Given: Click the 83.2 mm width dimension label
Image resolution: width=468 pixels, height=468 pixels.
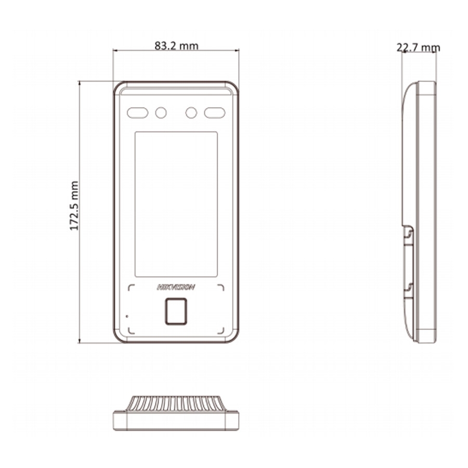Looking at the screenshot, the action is [x=176, y=46].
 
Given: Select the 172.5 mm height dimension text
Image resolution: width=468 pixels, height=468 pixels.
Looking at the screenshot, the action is [x=74, y=205].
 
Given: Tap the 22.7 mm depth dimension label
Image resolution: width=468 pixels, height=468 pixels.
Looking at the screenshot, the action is [x=418, y=47].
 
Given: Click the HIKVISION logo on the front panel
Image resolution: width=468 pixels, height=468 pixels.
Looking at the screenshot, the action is [x=176, y=287].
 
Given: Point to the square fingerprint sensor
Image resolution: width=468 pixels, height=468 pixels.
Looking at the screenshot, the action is [x=176, y=311].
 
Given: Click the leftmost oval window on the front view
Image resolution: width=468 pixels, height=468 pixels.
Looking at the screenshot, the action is [x=138, y=113].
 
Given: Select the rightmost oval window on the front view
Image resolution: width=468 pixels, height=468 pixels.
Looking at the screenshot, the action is [x=215, y=113].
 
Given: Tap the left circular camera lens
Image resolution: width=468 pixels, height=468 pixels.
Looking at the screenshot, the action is [x=161, y=113].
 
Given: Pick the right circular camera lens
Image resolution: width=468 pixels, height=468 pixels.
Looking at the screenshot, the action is [x=191, y=113].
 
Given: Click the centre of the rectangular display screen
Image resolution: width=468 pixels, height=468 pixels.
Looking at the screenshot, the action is [x=176, y=204].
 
